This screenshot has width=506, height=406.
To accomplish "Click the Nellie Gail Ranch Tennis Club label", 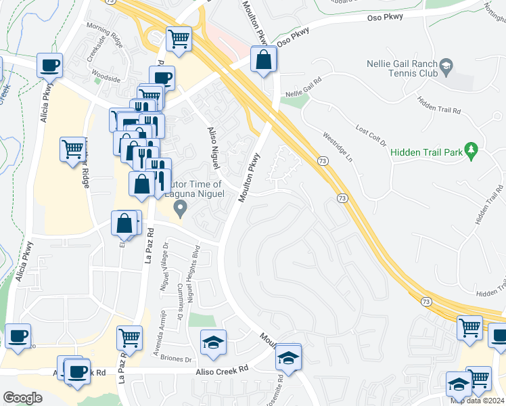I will coord(404,66).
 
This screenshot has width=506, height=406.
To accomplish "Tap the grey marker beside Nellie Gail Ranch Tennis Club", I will coord(446,66).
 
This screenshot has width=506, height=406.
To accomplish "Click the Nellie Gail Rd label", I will coord(303,93).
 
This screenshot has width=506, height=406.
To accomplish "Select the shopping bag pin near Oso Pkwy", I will coord(263,61).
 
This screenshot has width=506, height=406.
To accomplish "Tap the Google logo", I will coord(23,397).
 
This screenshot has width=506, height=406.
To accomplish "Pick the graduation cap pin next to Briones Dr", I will coord(213,343).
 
